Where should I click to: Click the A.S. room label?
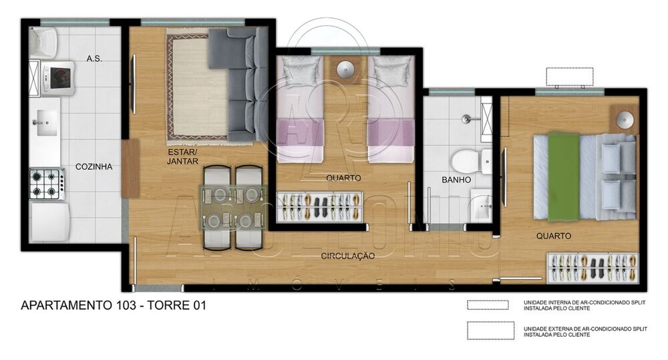pos(94,59)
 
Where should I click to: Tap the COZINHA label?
pos(94,167)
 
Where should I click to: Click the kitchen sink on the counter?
pos(44,121)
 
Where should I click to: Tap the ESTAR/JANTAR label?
pos(182,156)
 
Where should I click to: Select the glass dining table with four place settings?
pos(234,206)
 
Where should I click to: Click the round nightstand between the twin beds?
pos(346,69)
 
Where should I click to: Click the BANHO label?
pos(456,180)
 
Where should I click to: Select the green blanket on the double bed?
pos(563,177)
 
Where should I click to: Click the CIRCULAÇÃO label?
pos(347,256)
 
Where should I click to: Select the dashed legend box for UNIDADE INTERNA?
pos(490,305)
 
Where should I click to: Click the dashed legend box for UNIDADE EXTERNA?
pos(490,331)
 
